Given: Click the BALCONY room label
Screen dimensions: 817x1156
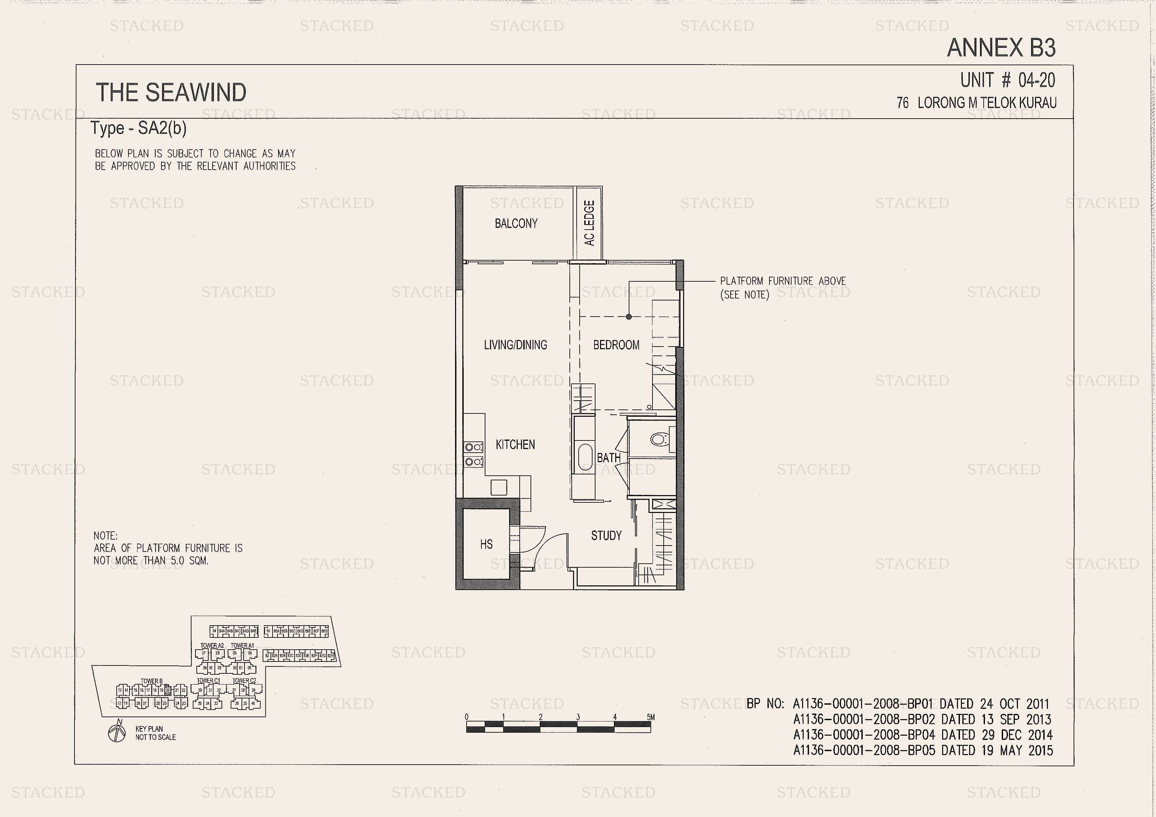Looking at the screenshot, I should pyautogui.click(x=516, y=223).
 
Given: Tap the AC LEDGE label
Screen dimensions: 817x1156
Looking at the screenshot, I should pyautogui.click(x=589, y=223).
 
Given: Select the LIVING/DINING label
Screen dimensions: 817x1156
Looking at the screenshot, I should pyautogui.click(x=515, y=345).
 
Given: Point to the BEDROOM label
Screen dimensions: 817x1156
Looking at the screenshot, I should pyautogui.click(x=616, y=345).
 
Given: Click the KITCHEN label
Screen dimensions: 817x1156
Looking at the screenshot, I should pyautogui.click(x=515, y=444).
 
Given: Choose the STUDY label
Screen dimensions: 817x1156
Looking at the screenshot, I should pyautogui.click(x=606, y=536).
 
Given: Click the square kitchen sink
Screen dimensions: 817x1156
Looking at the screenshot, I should pyautogui.click(x=499, y=487).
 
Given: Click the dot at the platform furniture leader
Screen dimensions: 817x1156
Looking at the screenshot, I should pyautogui.click(x=629, y=317).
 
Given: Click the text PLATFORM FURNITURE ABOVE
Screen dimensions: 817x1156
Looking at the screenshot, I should pyautogui.click(x=782, y=281).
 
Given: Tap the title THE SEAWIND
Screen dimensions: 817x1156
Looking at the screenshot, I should pyautogui.click(x=171, y=93).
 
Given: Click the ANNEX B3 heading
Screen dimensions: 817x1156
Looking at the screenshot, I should pyautogui.click(x=1001, y=48).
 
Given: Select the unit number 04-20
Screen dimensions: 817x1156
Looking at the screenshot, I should pyautogui.click(x=1036, y=80).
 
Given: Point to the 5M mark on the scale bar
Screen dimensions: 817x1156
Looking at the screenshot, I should pyautogui.click(x=650, y=717).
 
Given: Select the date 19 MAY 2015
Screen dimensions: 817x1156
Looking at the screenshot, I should pyautogui.click(x=1017, y=750).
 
